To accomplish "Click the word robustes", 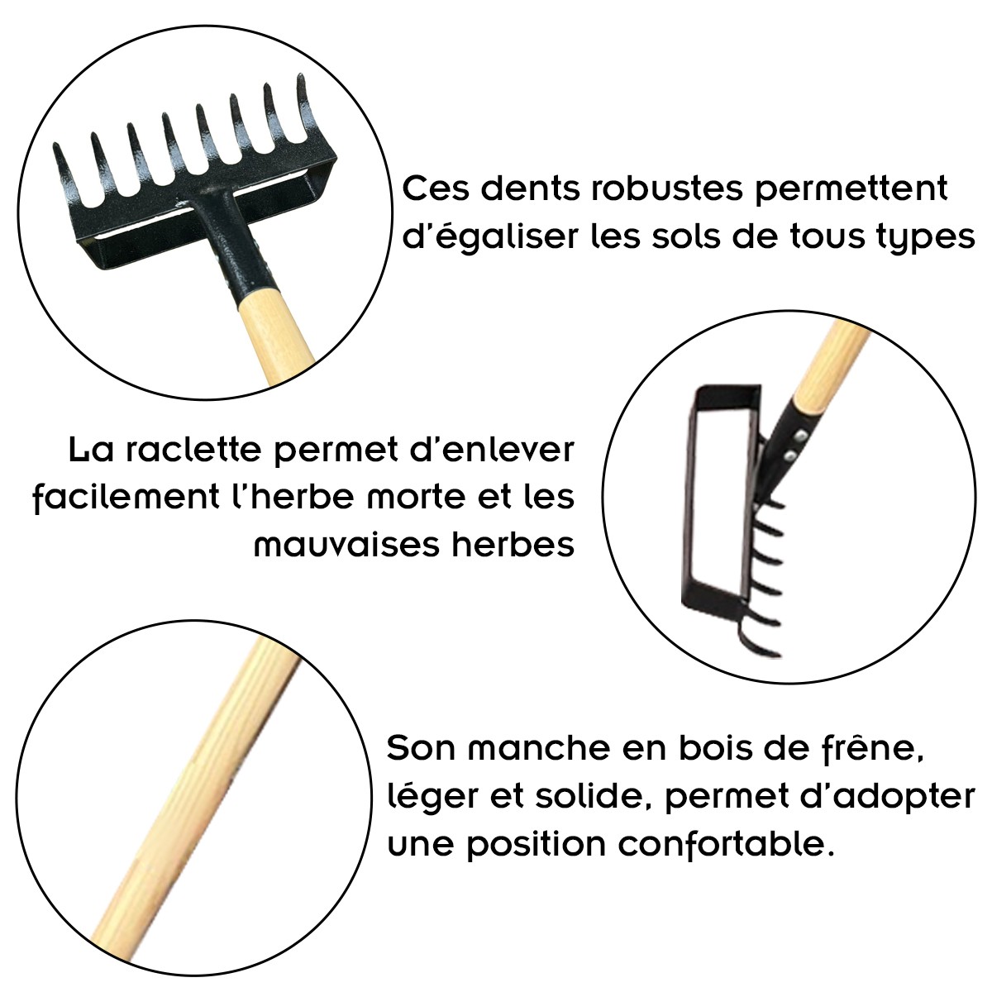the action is coord(666,189).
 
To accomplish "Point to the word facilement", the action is coord(126,498).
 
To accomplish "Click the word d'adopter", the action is coord(892,798).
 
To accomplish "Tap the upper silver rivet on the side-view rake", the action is coord(800,437).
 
